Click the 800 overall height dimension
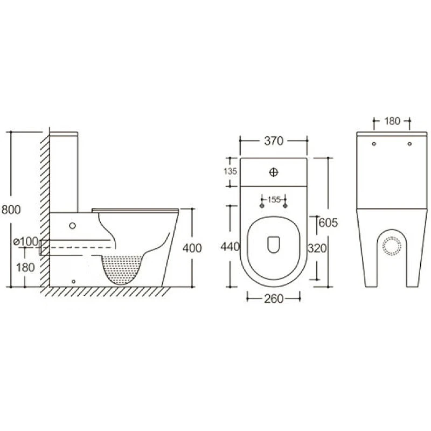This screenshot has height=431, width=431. [11, 210]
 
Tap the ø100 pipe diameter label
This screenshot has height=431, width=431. [26, 241]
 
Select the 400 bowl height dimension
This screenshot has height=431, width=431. [192, 248]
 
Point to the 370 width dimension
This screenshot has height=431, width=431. [274, 141]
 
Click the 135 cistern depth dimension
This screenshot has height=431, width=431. [230, 171]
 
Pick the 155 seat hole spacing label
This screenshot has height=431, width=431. [274, 199]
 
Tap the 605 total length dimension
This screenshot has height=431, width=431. [328, 223]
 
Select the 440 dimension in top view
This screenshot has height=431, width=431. [231, 247]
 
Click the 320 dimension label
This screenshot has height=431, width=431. [317, 248]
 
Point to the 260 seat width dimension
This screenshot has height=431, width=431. [274, 298]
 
